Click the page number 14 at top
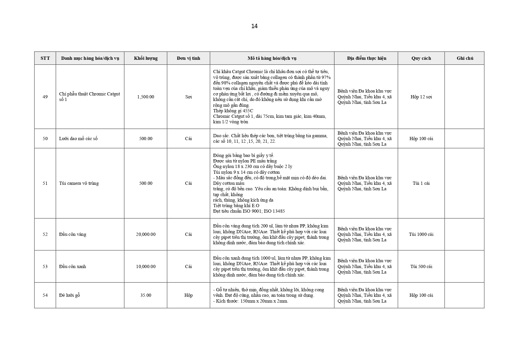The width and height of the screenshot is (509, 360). tap(254, 26)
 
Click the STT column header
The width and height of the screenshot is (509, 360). tap(45, 58)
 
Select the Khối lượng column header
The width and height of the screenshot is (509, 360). tap(146, 58)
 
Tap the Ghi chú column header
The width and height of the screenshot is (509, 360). tap(465, 58)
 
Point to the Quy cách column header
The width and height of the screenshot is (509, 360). tap(421, 58)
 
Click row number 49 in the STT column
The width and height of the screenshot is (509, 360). tap(45, 97)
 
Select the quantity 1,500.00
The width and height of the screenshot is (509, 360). tap(146, 97)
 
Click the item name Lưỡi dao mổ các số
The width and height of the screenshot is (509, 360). tap(78, 139)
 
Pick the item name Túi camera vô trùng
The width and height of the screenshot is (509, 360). tap(79, 183)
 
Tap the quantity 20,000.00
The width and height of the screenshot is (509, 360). tap(146, 234)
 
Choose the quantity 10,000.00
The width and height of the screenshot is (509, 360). tap(146, 267)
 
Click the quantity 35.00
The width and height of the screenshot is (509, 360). tap(146, 295)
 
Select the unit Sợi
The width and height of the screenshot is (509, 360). tap(189, 97)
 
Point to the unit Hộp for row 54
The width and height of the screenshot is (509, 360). tap(189, 295)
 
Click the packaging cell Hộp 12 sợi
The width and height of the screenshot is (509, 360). tap(421, 97)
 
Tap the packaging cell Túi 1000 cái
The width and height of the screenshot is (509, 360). tap(421, 234)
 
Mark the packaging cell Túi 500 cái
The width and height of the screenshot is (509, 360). tap(421, 267)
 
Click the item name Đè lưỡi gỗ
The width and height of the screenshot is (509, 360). tap(70, 295)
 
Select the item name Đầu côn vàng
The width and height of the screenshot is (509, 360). tap(73, 234)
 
